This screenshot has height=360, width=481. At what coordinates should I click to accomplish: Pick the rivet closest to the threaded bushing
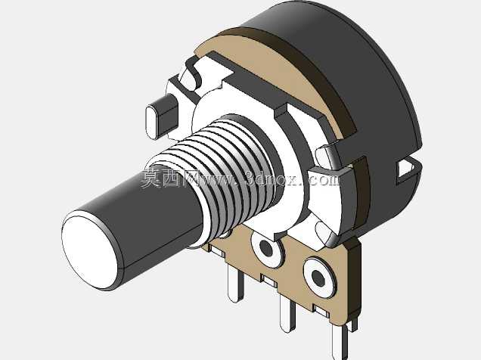(x=266, y=248)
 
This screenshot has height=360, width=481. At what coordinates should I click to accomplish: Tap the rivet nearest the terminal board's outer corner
(x=319, y=278)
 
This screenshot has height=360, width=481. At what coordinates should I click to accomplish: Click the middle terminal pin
(x=287, y=315)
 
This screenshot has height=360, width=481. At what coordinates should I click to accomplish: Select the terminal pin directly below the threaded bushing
(x=236, y=282)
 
